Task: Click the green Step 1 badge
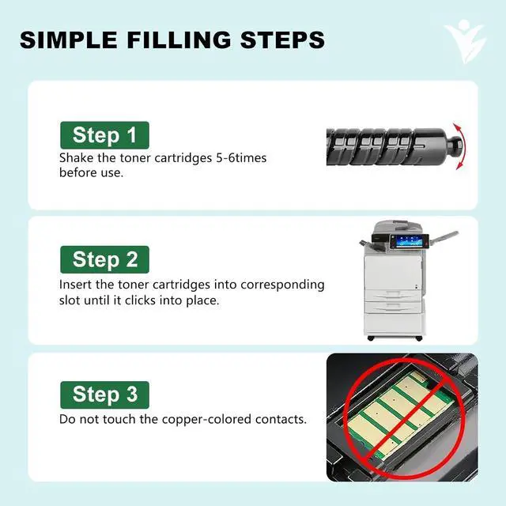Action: [x=104, y=135]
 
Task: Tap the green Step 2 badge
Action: [x=104, y=259]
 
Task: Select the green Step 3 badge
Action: [x=104, y=395]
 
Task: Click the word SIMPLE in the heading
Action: [x=68, y=40]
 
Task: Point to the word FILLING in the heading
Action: [x=179, y=40]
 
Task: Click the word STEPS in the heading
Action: [x=282, y=40]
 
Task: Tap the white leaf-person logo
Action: [x=465, y=41]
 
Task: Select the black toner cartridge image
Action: [x=395, y=146]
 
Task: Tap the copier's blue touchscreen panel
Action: [x=406, y=241]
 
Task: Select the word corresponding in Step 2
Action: [x=282, y=285]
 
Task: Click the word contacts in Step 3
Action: [x=281, y=420]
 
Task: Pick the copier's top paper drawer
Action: [x=393, y=295]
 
